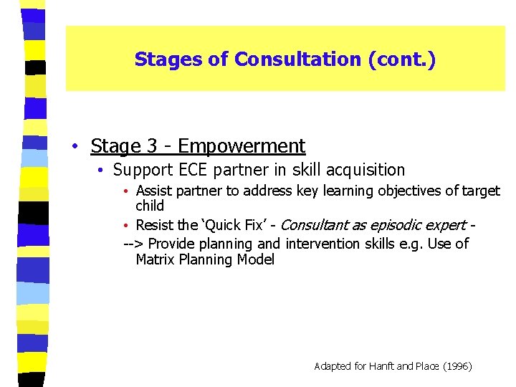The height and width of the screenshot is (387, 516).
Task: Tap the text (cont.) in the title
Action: coord(401,59)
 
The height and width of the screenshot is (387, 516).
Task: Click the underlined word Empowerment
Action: coord(242,146)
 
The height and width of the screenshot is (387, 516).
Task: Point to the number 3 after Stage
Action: coord(153,146)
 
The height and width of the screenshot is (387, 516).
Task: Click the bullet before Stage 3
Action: coord(75,147)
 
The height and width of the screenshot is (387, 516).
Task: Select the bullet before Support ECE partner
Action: coord(102,171)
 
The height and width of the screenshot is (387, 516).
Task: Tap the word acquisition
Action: coord(365,170)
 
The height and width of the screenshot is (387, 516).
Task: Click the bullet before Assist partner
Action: coord(125,191)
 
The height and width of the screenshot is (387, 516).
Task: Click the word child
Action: coord(150,206)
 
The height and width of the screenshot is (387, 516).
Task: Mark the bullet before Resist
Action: coord(125,226)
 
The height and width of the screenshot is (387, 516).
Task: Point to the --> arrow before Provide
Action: coord(133,244)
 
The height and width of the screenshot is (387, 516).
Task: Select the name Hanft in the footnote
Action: coord(382,366)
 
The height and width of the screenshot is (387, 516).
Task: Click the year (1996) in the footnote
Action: coord(456,366)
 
